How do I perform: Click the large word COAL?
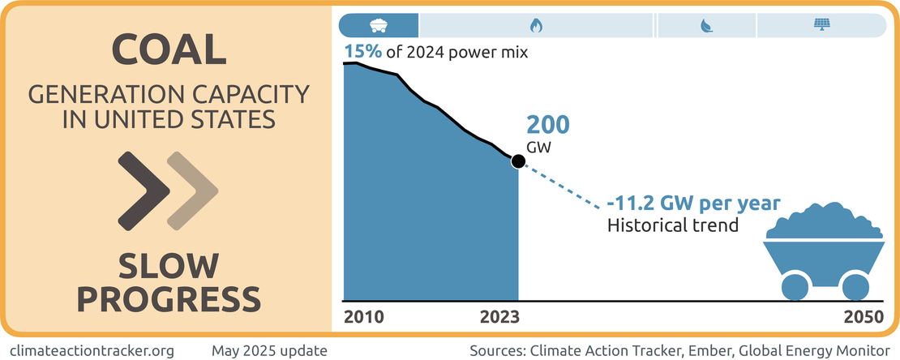(x=169, y=50)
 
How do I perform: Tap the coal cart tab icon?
(x=378, y=25)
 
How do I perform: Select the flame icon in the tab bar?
(x=536, y=25)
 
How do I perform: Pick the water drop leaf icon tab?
(x=705, y=25)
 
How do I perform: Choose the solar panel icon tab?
(x=821, y=25)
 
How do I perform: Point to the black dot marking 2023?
(x=517, y=161)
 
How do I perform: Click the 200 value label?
(x=549, y=126)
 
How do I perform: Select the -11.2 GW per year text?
(x=693, y=203)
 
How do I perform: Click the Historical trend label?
(x=673, y=225)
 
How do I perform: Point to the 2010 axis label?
(x=363, y=317)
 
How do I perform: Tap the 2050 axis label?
(x=863, y=317)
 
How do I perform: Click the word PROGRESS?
(x=169, y=298)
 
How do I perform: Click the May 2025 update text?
(x=269, y=350)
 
